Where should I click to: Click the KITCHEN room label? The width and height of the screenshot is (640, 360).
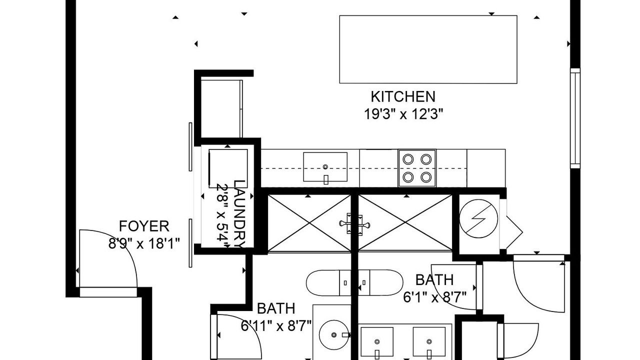tap(403, 97)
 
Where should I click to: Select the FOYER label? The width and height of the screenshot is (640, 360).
tap(144, 226)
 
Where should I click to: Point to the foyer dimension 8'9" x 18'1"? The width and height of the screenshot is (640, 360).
tap(144, 243)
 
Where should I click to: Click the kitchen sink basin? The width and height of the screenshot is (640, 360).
tap(325, 167)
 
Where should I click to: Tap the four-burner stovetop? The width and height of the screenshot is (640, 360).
tap(417, 168)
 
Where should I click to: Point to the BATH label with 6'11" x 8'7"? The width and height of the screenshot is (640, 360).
tap(276, 308)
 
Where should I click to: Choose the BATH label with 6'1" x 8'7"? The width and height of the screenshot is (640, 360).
tap(434, 279)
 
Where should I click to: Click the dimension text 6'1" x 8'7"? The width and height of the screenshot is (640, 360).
tap(434, 297)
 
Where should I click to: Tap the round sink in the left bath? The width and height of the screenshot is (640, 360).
tap(333, 335)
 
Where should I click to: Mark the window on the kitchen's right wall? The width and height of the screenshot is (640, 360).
tap(575, 118)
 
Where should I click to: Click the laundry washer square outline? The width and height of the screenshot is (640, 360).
tap(228, 168)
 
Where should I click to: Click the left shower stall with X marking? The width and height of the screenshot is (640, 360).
tap(309, 223)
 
